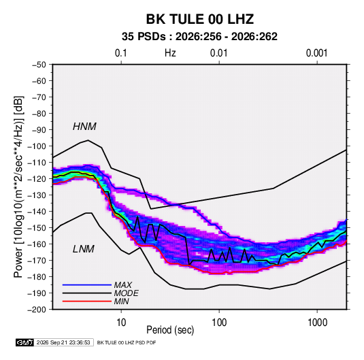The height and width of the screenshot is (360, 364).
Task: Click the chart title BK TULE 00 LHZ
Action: pos(199,19)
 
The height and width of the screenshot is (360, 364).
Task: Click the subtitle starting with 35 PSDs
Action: pos(199,37)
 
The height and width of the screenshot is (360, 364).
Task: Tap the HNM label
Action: pos(84,127)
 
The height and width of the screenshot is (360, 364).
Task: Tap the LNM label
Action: pos(84,249)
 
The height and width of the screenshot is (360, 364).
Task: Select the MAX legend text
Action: pos(122,284)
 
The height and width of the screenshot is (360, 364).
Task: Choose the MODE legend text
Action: pos(126,293)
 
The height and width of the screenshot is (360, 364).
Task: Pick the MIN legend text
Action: pos(121,301)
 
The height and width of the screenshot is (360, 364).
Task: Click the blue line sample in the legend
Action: pos(87,285)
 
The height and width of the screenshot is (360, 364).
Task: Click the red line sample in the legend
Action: pos(87,301)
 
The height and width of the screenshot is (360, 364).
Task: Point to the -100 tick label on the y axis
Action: pos(37,146)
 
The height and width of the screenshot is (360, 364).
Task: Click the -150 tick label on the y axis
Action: pos(37,228)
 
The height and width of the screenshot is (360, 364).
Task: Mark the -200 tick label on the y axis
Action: pos(37,310)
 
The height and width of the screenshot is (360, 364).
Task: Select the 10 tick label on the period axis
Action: pos(121,322)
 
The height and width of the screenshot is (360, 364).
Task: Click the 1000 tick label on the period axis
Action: pos(317,322)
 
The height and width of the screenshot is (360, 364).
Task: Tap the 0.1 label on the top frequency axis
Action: pos(121,53)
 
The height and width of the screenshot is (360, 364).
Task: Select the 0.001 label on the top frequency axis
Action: pos(317,53)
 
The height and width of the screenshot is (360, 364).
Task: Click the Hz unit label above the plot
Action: pos(170,53)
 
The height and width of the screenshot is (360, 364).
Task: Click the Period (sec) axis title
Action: pos(170,330)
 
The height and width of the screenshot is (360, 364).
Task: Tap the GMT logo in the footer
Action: pos(24,342)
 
